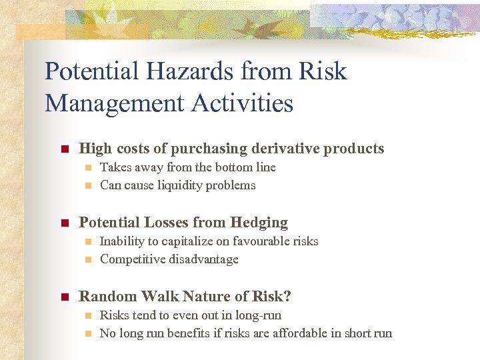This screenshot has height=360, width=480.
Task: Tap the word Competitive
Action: (x=132, y=259)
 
